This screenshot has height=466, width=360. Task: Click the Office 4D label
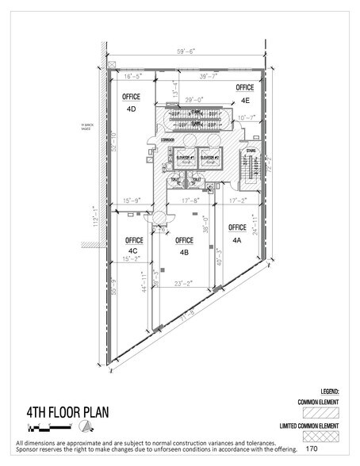[132, 101]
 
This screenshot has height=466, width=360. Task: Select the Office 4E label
[244, 94]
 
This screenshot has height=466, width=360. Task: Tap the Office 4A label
[236, 235]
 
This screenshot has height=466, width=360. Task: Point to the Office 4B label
[184, 246]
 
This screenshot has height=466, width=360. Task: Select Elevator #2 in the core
[211, 158]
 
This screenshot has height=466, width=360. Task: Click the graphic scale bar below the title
[29, 428]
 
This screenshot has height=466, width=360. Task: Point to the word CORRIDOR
[167, 139]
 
